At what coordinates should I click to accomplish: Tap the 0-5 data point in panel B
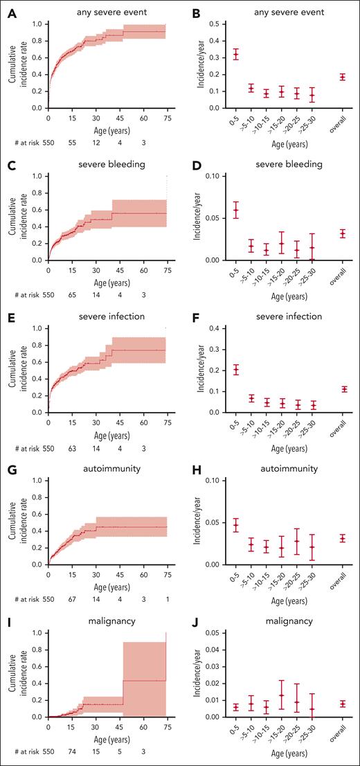(237, 54)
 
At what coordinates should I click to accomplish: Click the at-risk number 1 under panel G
(166, 594)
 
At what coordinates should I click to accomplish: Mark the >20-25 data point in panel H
(296, 541)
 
